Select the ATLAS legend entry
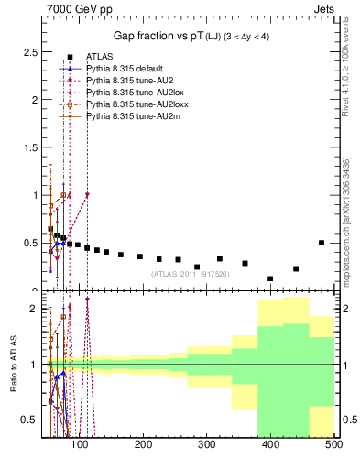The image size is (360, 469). (x=99, y=58)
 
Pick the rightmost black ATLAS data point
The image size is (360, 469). (x=322, y=243)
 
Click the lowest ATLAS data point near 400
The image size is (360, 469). (x=270, y=278)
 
